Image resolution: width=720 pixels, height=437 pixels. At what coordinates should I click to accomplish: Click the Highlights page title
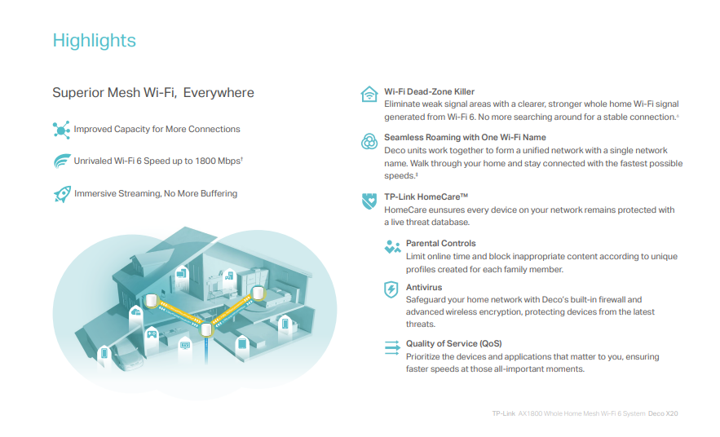pos(94,41)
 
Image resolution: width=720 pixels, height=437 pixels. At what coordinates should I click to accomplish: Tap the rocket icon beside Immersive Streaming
pos(62,194)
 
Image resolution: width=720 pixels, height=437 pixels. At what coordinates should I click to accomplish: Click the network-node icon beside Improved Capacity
pos(61,130)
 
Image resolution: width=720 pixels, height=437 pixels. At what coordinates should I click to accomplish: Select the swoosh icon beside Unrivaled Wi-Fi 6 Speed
pos(62,161)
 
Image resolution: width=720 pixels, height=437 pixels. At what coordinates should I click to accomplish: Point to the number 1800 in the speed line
pos(205,161)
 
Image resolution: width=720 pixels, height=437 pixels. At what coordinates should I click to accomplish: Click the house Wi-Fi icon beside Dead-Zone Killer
pos(369,94)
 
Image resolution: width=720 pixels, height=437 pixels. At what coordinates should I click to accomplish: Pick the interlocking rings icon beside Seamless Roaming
pos(369,141)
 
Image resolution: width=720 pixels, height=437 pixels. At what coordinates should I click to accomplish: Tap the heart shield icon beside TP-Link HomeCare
pos(369,201)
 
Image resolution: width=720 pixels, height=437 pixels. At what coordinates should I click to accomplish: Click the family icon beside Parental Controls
pos(392,247)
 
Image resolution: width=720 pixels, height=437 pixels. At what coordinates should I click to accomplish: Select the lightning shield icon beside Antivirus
pos(391,289)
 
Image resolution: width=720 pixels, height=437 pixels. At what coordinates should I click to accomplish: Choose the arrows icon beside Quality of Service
pos(392,347)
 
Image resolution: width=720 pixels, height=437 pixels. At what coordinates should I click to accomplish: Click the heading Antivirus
pos(424,287)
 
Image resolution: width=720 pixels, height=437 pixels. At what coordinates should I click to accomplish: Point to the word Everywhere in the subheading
pos(219,93)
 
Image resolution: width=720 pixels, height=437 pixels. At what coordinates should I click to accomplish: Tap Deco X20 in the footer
pos(663,413)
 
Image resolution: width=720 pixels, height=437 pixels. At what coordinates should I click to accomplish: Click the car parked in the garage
pos(126,355)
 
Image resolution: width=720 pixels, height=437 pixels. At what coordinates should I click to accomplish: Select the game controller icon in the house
pos(152,334)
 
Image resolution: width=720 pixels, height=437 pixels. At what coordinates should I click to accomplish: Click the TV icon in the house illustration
pos(185,345)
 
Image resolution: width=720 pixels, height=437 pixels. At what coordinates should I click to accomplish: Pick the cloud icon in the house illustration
pos(136,312)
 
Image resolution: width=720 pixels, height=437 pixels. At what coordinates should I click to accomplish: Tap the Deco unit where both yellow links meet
pos(206,329)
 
